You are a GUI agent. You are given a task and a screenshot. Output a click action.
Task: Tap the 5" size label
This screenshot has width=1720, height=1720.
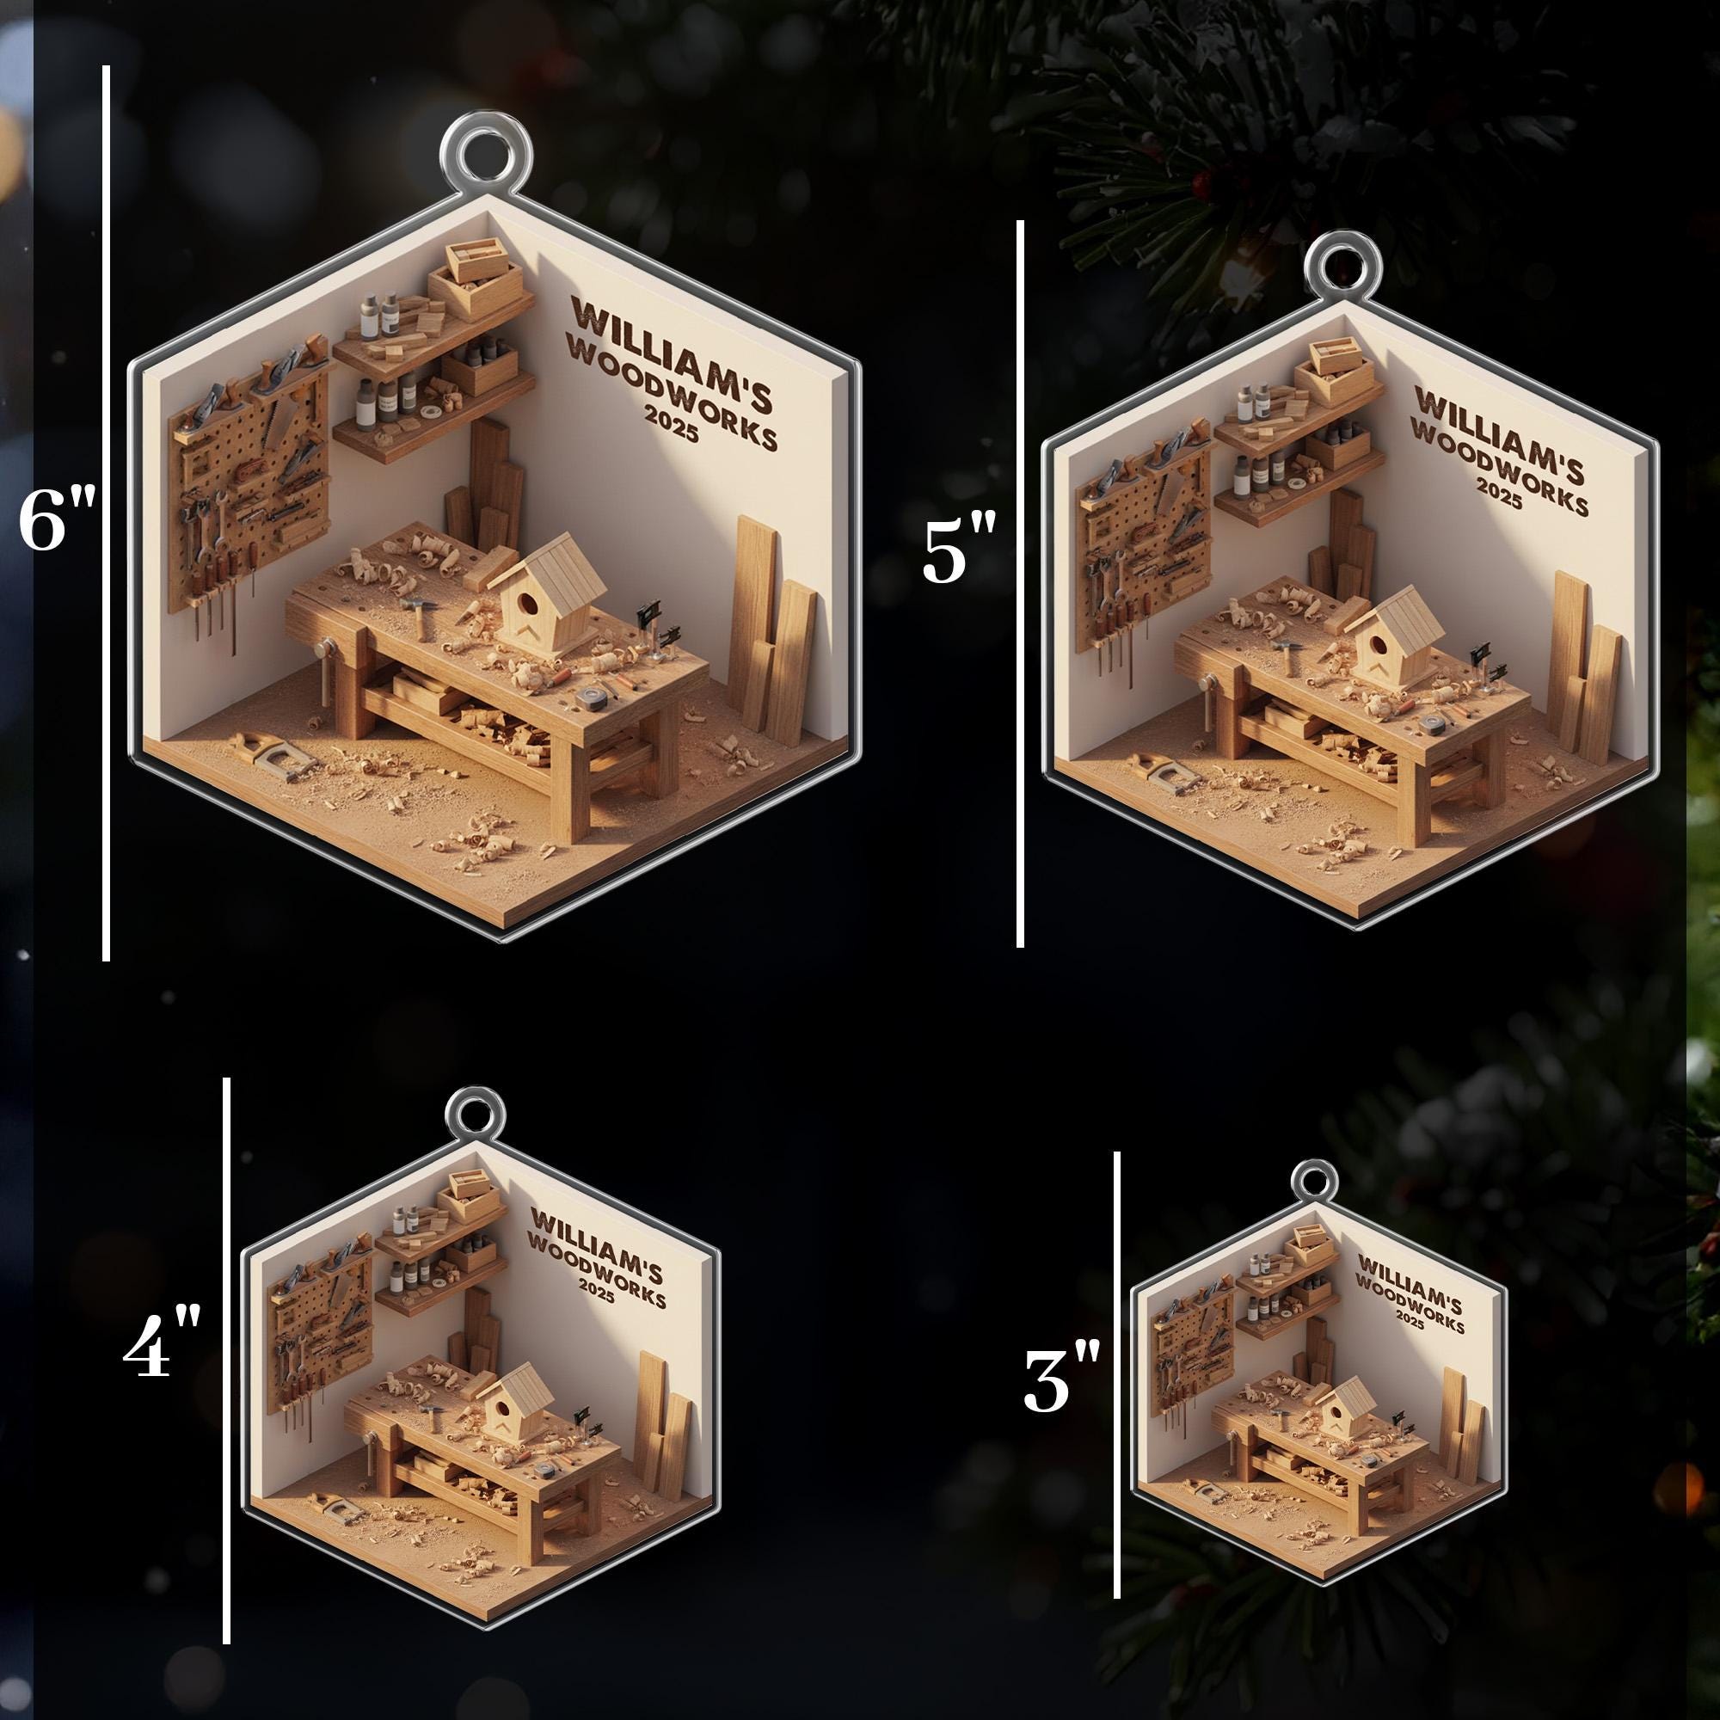[x=957, y=554]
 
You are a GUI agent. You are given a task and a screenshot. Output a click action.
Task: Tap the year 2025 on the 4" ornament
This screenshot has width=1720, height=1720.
[x=597, y=1291]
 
